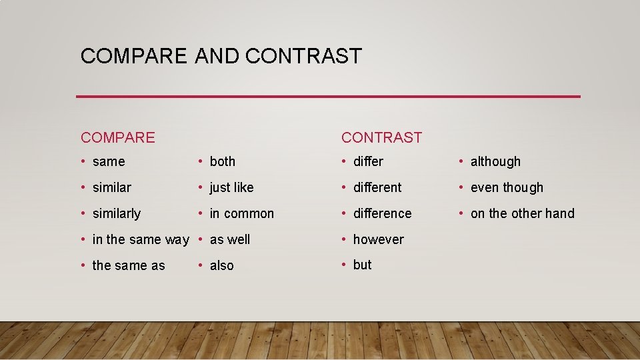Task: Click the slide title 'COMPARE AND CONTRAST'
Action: [221, 56]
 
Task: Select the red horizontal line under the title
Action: [328, 97]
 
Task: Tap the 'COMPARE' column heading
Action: [118, 138]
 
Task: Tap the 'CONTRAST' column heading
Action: [381, 138]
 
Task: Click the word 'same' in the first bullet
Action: [109, 162]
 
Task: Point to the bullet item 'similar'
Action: [112, 187]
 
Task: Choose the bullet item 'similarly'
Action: [117, 213]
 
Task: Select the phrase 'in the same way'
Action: [141, 239]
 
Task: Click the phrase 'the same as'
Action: [129, 265]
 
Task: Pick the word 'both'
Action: [223, 161]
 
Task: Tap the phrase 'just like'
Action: [232, 187]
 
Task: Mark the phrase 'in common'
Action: [242, 213]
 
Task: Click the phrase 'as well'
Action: [230, 239]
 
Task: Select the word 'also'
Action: [222, 265]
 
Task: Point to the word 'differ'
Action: [368, 161]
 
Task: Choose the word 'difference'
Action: [382, 213]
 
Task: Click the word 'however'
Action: [378, 239]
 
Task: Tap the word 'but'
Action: [362, 265]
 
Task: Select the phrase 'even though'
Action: [507, 187]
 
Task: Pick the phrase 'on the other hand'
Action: [522, 213]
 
